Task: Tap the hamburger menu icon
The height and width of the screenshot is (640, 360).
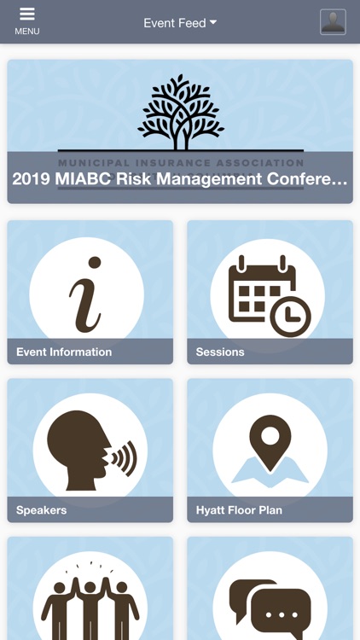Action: pos(27,15)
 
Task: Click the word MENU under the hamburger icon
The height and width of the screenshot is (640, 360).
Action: pos(27,32)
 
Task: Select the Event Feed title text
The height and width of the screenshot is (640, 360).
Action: pos(174,23)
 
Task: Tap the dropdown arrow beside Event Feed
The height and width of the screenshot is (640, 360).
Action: pos(213,22)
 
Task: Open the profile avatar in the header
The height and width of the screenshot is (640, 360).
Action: pos(333,22)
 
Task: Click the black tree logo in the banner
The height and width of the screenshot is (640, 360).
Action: pos(180,111)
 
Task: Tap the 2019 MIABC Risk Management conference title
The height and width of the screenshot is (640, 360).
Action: pos(180,179)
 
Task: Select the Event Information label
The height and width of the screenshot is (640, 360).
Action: pos(64,352)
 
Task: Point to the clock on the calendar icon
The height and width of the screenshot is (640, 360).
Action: pos(290,317)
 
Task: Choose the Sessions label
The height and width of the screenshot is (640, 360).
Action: pos(220,352)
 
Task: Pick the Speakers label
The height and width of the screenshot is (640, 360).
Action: pos(42,510)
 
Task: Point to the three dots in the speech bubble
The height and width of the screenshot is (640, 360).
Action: pos(281,614)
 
